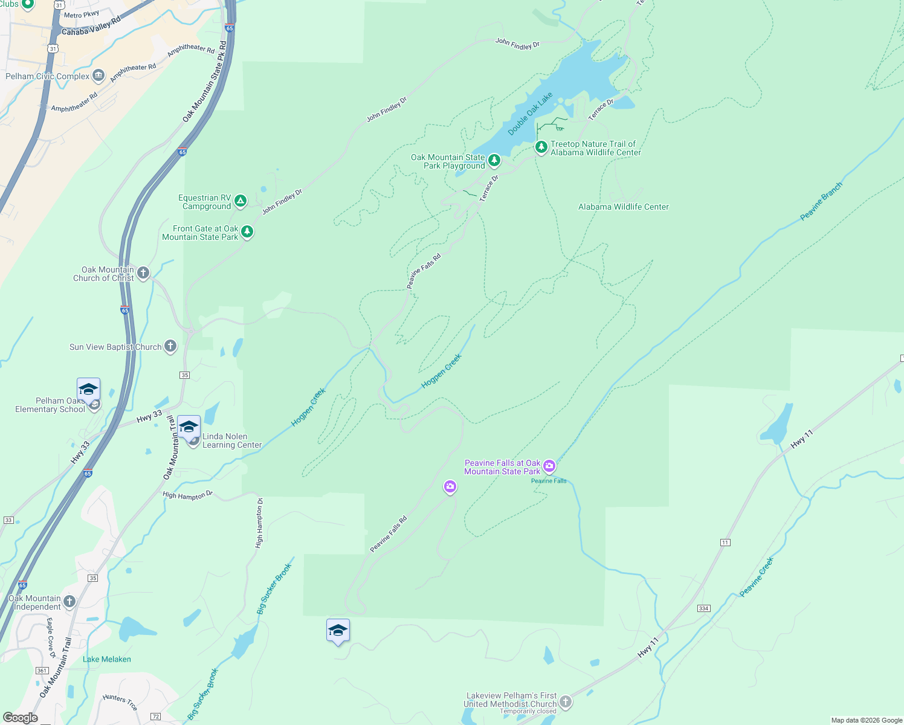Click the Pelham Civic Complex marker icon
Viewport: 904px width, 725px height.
(98, 76)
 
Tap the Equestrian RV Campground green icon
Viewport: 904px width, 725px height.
(241, 201)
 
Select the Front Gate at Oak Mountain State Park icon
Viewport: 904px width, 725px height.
(247, 232)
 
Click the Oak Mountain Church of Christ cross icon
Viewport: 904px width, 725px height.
(143, 273)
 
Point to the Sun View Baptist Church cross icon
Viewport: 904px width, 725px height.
(170, 346)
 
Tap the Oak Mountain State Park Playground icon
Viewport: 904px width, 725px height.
(494, 161)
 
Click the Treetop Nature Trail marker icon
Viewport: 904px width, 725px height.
(541, 147)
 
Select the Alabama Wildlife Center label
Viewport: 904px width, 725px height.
(623, 207)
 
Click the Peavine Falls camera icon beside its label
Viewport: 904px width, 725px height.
(549, 466)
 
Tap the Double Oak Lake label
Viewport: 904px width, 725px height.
(530, 114)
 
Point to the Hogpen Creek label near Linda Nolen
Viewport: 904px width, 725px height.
(308, 407)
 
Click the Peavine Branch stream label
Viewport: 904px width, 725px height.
(821, 201)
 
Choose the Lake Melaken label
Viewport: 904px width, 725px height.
(107, 659)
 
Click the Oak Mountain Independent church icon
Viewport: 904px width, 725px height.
(69, 601)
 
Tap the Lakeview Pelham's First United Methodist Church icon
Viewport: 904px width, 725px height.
(565, 701)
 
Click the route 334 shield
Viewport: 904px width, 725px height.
(703, 608)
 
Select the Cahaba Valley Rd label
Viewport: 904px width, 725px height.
(91, 27)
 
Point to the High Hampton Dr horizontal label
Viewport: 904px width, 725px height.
(187, 495)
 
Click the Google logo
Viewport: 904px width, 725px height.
(21, 717)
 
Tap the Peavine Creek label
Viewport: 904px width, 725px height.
(757, 577)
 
